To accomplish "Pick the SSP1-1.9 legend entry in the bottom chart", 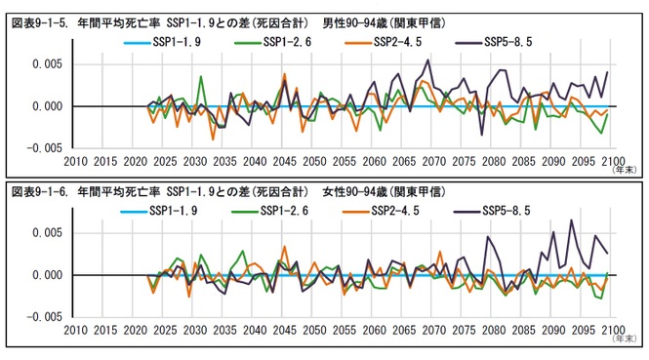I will tap(178, 212).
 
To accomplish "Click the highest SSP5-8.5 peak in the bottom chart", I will tap(572, 220).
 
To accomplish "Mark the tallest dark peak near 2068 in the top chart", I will tap(427, 60).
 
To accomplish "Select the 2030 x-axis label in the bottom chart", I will tap(194, 330).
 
